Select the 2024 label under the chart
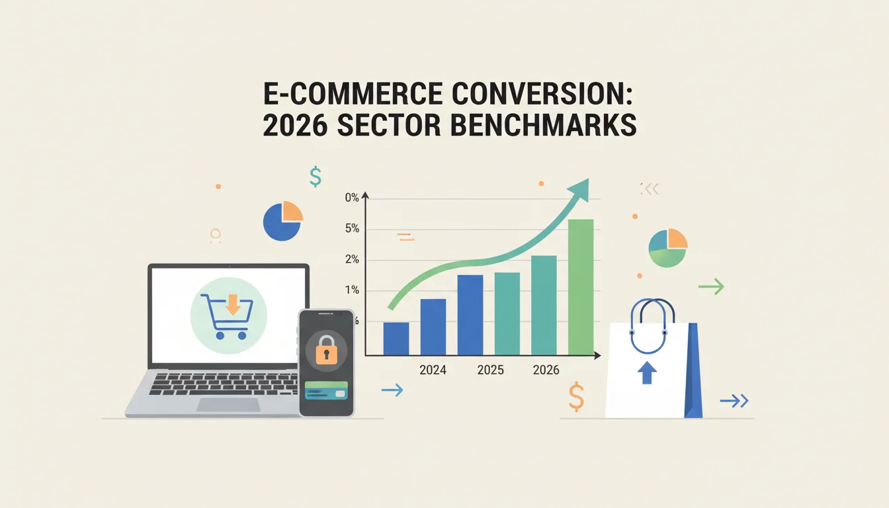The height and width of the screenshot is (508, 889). point(433,370)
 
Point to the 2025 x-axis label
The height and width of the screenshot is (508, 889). point(491,370)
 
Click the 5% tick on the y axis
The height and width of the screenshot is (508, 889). point(352,228)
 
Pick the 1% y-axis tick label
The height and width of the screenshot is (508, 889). point(352,290)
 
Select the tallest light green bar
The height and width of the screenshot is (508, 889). point(581,287)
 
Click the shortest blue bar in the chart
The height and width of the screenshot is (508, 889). point(396,339)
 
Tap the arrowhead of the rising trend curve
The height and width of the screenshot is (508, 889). point(580,190)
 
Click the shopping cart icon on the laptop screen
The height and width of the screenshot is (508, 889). point(227,316)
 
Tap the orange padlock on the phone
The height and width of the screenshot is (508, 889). point(326,350)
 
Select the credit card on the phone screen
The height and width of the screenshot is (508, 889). point(326,390)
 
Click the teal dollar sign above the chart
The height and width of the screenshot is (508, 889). point(316,177)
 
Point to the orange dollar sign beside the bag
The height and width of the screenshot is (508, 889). point(576,396)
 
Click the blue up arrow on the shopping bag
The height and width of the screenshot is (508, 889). point(647,372)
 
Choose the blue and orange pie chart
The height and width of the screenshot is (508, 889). point(282,221)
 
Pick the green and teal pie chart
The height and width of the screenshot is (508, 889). point(668,247)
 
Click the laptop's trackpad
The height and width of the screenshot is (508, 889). point(228,405)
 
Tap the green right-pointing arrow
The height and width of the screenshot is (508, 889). point(711,286)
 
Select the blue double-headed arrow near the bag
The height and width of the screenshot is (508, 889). point(734,401)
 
